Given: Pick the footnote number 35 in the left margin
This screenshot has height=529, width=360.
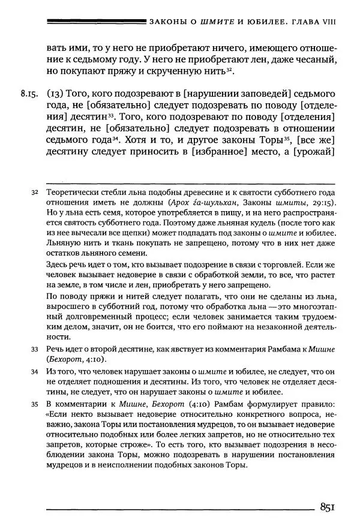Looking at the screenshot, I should click(34, 406).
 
